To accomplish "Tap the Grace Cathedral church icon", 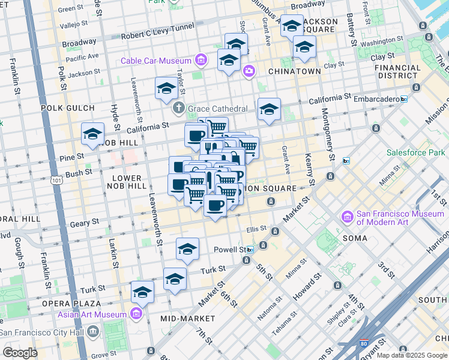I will [x=178, y=109].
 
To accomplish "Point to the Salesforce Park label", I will [x=415, y=152].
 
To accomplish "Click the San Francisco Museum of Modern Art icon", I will [x=347, y=216].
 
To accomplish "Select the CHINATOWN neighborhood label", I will [x=294, y=71].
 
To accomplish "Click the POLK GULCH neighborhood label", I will [x=68, y=108].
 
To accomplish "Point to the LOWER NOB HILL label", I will [x=126, y=182].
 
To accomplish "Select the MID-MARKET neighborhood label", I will [x=188, y=317].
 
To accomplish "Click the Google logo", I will [x=20, y=353].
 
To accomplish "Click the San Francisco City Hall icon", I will [x=93, y=332].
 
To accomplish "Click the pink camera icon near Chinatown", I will [x=249, y=72].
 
